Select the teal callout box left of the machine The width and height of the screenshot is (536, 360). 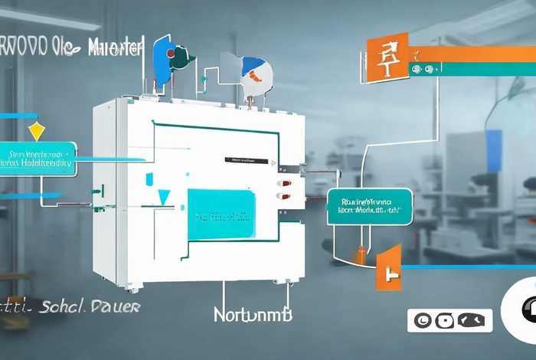[x=38, y=158]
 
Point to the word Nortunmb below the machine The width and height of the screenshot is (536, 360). [x=253, y=314]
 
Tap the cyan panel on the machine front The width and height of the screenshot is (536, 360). [x=221, y=215]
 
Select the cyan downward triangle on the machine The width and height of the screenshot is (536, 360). [x=163, y=198]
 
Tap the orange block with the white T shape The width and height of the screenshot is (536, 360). [x=389, y=268]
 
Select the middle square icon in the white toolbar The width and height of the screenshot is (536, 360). [x=447, y=320]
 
